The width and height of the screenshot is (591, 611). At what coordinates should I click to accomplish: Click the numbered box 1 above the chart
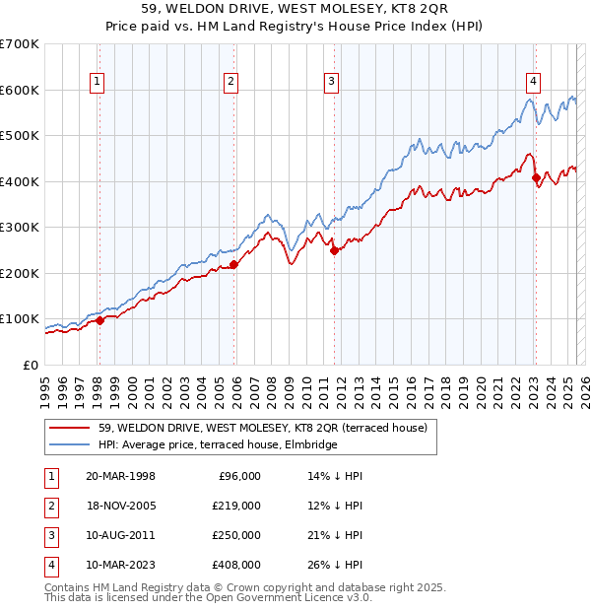[98, 82]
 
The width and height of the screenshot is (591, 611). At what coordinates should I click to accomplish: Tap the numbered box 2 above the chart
[230, 82]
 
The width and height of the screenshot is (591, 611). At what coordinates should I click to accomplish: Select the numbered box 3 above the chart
[332, 82]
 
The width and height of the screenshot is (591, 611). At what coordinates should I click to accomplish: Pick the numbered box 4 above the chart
[533, 82]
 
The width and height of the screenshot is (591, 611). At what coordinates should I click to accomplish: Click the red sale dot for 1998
[100, 320]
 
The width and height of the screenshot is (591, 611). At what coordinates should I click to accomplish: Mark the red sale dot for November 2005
[234, 264]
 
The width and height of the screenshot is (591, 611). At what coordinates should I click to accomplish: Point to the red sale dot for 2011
[334, 250]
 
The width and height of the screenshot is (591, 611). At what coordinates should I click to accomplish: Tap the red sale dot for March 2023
[537, 178]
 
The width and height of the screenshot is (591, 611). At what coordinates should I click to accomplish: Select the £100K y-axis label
[20, 319]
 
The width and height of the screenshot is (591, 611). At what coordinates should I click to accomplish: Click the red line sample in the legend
[69, 429]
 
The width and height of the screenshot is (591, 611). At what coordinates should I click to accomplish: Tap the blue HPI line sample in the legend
[69, 445]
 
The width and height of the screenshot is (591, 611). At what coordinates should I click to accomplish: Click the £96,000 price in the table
[238, 476]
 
